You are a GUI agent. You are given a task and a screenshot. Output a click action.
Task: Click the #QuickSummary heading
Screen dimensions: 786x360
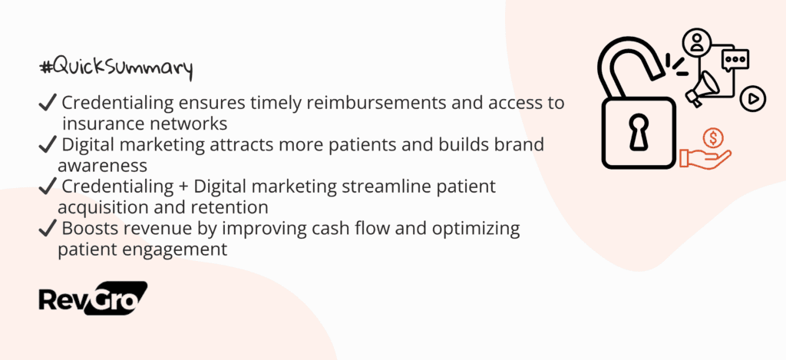tap(115, 69)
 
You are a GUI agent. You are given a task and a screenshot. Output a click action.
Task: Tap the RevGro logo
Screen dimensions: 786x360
tap(93, 299)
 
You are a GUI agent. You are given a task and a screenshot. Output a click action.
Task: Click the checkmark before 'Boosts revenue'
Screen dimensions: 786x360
tap(47, 230)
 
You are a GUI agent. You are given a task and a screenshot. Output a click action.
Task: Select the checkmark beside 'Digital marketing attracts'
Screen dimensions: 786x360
tap(47, 145)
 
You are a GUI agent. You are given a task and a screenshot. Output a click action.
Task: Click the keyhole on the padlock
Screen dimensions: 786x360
tap(639, 132)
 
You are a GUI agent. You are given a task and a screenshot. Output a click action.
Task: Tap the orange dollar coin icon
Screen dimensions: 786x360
tap(712, 138)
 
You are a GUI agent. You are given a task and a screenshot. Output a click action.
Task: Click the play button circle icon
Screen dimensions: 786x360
tap(753, 99)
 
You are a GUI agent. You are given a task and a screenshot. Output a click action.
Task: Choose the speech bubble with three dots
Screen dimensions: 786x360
tap(735, 60)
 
